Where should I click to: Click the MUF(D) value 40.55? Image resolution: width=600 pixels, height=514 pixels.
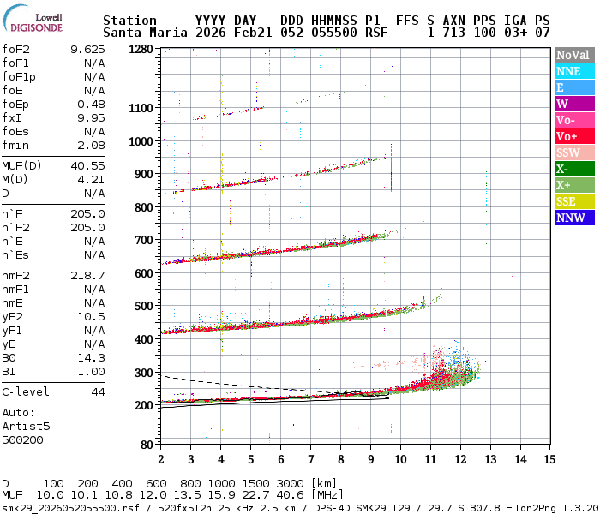pos(87,165)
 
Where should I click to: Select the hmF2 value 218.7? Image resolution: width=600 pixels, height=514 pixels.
pos(87,275)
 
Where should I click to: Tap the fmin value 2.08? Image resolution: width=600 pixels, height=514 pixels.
pos(91,145)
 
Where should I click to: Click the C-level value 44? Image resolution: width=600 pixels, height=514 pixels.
pos(98,391)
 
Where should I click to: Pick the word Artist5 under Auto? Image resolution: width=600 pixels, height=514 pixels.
pos(26,426)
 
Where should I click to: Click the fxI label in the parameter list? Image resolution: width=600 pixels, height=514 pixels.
pos(12,117)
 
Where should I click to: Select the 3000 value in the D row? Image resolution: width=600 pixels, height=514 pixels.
pos(291,484)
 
